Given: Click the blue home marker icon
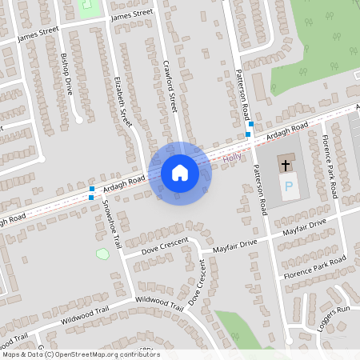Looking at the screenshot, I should (179, 173).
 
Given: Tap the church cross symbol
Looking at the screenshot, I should (285, 166).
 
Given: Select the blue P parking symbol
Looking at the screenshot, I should (289, 189).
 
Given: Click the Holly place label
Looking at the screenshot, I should (232, 158).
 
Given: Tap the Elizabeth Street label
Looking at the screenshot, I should (122, 101).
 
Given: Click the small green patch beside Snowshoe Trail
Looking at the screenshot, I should (102, 254).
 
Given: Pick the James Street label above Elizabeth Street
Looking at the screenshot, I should (131, 14).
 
